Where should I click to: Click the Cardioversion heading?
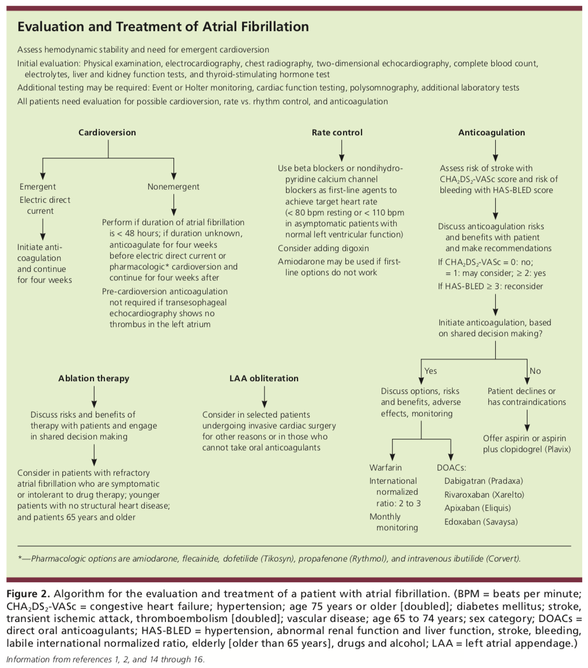pos(107,132)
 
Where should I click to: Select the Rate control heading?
pos(337,132)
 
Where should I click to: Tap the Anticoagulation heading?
pos(492,132)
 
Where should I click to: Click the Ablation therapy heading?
pos(94,378)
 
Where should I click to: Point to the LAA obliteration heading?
pos(264,378)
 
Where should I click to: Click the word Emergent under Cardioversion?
pos(37,187)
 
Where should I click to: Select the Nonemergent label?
pos(174,187)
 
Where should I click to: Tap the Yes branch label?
pos(431,371)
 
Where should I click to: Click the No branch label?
pos(535,371)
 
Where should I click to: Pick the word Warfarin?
pos(386,468)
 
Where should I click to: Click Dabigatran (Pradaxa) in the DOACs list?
pos(484,481)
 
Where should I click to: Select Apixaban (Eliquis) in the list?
pos(477,508)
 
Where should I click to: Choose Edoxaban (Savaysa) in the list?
pos(481,522)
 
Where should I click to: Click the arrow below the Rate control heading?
pos(341,150)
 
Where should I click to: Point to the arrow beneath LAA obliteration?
pos(265,397)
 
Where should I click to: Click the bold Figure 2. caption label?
pos(28,594)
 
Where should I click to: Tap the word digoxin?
pos(355,248)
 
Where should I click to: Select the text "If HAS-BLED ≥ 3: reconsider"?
pos(491,286)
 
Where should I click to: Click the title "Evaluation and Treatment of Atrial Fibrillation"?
pos(163,27)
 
